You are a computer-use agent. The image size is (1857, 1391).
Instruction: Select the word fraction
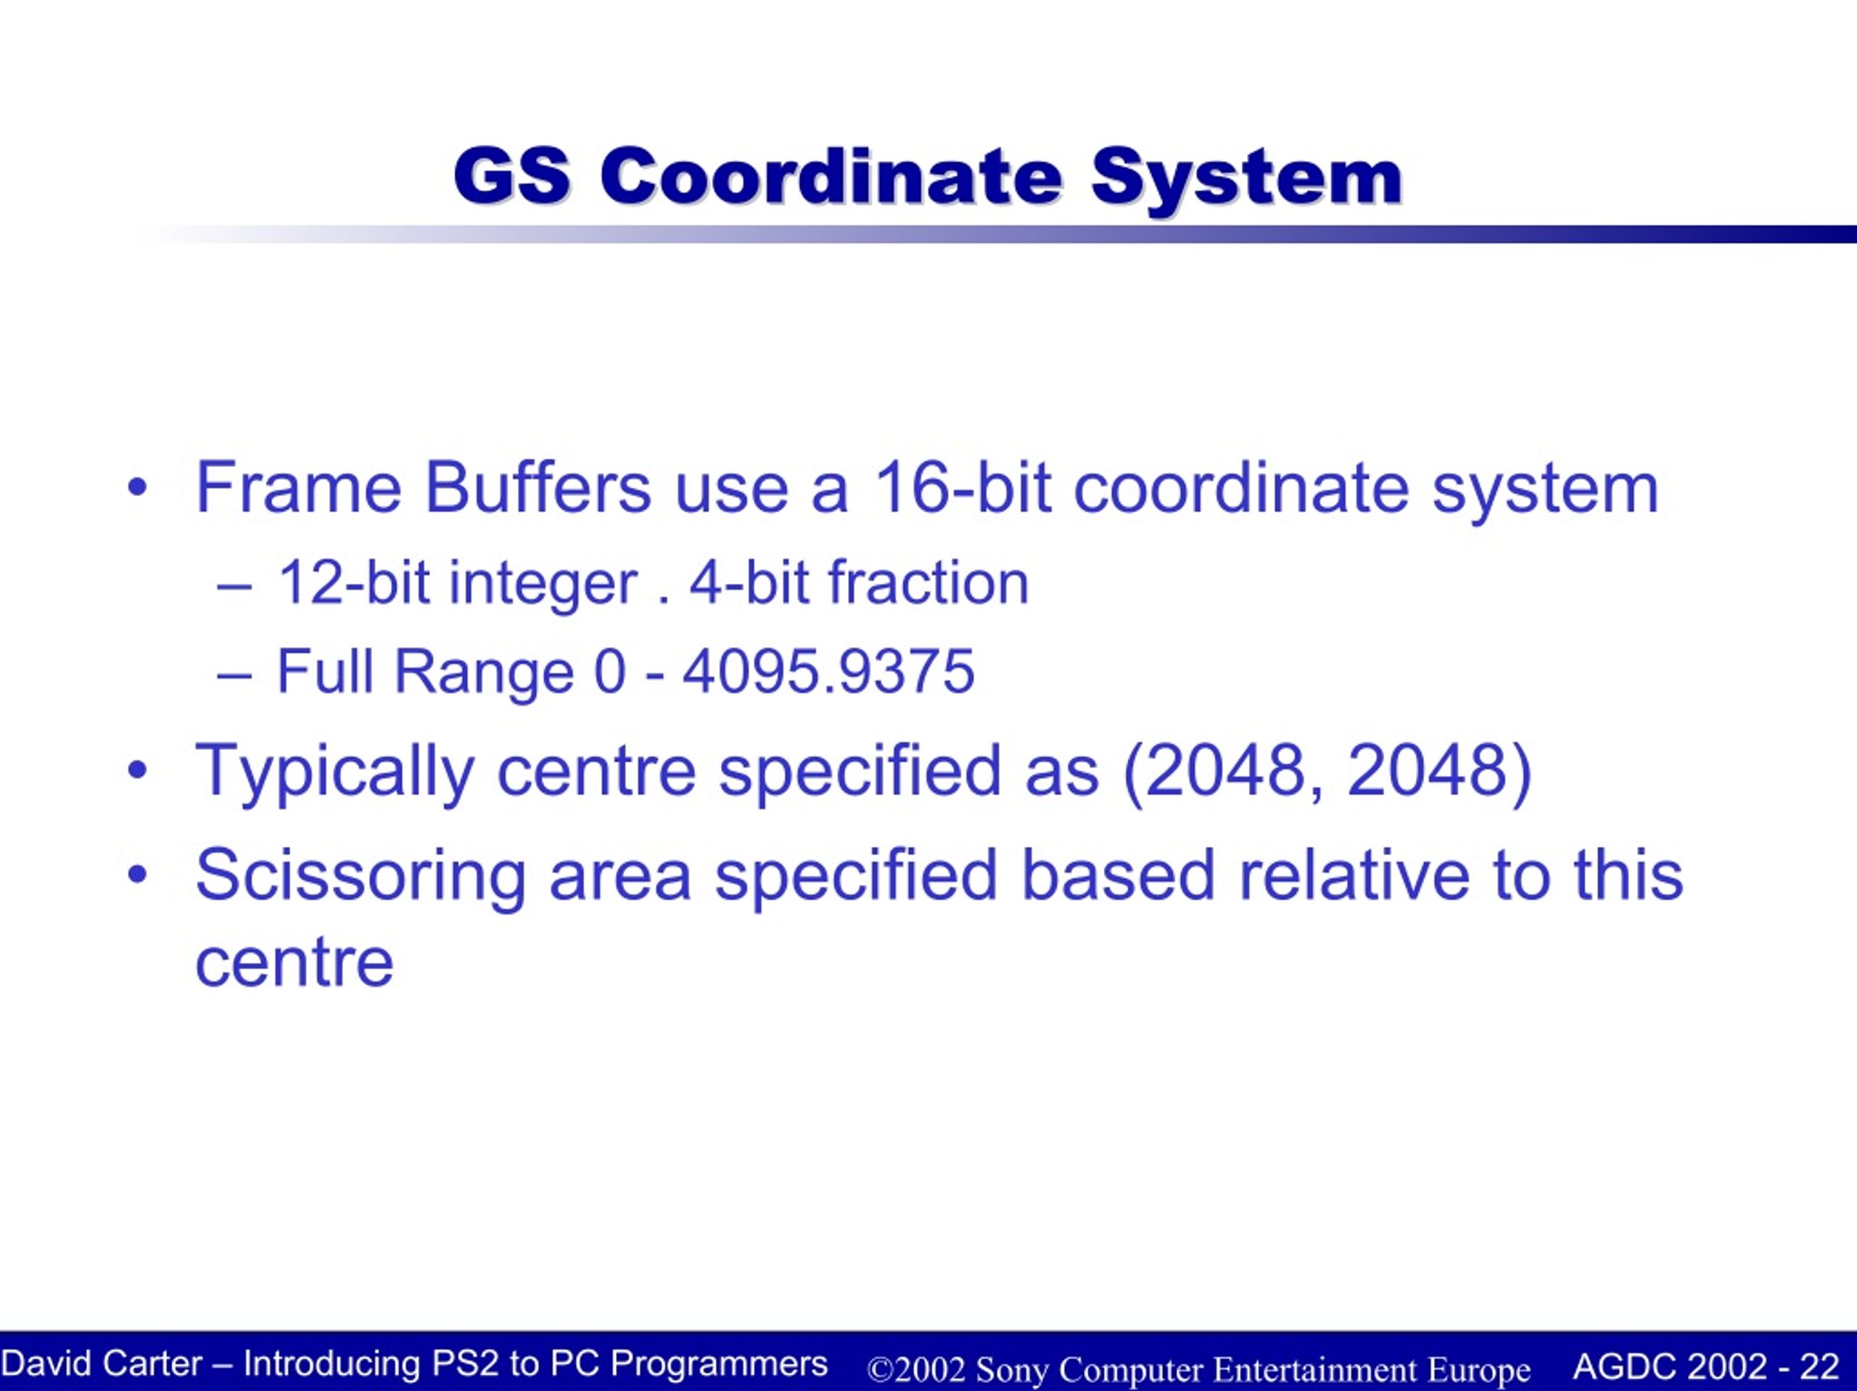pos(928,582)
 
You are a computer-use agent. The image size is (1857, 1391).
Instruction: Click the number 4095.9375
pos(828,672)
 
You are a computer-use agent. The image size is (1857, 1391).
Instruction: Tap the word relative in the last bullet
pos(1354,874)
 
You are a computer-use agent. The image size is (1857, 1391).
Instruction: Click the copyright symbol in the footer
pos(880,1369)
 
